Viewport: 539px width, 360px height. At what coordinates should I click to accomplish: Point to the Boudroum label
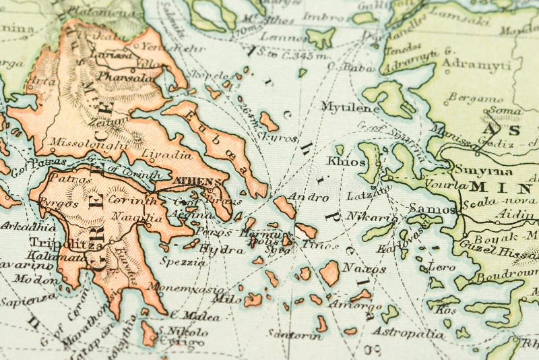click(x=506, y=276)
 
